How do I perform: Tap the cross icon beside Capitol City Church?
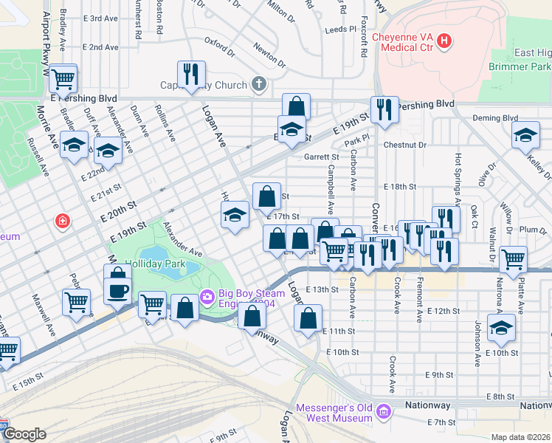pyautogui.click(x=258, y=85)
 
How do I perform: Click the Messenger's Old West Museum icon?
pyautogui.click(x=382, y=412)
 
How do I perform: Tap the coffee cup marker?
pyautogui.click(x=118, y=290)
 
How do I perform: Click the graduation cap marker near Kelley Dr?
pyautogui.click(x=525, y=135)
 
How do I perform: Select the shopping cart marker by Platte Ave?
pyautogui.click(x=513, y=259)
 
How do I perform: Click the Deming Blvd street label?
pyautogui.click(x=494, y=118)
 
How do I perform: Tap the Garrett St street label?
pyautogui.click(x=321, y=157)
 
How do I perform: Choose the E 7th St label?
pyautogui.click(x=443, y=422)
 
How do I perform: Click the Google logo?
pyautogui.click(x=24, y=434)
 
